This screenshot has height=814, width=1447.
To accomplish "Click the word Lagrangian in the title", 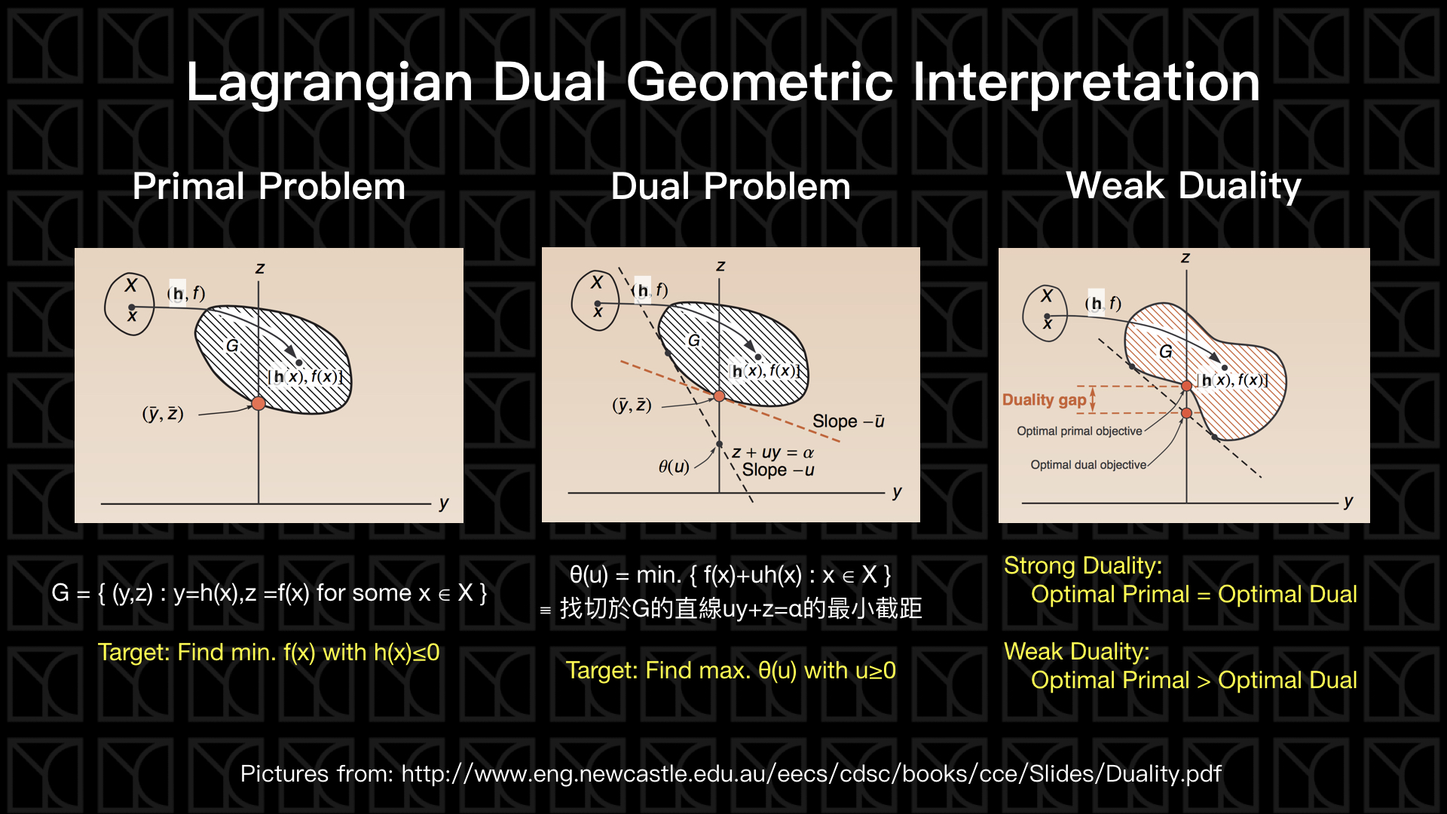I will (329, 83).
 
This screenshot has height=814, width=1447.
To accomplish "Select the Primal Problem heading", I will (269, 186).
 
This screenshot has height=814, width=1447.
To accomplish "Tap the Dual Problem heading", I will (730, 186).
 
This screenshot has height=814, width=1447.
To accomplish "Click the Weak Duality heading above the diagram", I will (1183, 185).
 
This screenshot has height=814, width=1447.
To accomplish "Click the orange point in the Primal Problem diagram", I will (259, 403).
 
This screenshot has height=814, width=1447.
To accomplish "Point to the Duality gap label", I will (1044, 399).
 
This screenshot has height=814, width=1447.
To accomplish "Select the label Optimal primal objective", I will (1079, 431).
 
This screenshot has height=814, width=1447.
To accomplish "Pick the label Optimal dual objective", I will (1088, 465).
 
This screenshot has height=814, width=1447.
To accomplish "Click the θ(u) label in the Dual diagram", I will (674, 467).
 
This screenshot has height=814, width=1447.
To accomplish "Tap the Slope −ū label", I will (848, 421).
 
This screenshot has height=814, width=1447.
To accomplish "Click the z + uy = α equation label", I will (772, 452).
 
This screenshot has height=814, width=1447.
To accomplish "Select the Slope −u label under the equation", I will (778, 470).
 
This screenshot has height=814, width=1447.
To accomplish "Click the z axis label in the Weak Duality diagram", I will (1185, 258).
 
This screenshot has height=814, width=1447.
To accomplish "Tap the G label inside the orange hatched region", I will (1166, 351).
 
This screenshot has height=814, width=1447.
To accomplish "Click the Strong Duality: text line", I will (1083, 565).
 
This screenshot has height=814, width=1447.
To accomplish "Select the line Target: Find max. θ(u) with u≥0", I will (730, 670).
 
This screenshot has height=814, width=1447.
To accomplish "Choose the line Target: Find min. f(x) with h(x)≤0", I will (268, 652).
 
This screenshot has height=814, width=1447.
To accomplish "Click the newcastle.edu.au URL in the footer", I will (811, 773).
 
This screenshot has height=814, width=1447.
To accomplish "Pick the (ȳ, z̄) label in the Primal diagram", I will (163, 414).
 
